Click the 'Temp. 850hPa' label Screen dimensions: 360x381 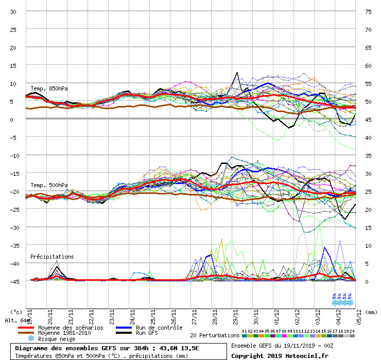coord(49,88)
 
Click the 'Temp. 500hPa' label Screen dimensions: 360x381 coord(49,185)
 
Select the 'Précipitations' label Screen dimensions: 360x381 coord(52,256)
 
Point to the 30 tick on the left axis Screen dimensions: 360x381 coord(13,11)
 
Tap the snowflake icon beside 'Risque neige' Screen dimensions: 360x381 coord(30,339)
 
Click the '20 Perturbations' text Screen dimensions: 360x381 coord(214,335)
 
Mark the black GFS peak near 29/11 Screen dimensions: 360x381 coord(237,73)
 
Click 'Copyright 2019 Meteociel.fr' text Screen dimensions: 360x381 coord(273,355)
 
